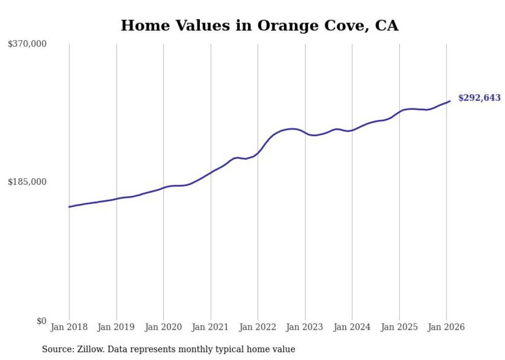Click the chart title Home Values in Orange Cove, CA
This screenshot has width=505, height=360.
pos(259,26)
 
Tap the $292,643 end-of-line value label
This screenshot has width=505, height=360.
pos(479,98)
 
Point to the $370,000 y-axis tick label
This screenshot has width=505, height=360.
pos(27,44)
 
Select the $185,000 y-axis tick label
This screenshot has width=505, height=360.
pos(27,182)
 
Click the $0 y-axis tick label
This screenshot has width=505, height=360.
pos(41,321)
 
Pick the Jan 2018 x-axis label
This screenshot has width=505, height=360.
pos(69,327)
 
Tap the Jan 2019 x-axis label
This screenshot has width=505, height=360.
pos(116,327)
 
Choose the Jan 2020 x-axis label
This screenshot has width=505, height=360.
pos(163,327)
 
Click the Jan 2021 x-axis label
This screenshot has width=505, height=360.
pos(211,327)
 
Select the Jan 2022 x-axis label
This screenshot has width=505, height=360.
pos(258,327)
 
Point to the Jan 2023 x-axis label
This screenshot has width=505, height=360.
pos(305,327)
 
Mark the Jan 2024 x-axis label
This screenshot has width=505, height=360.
pos(352,327)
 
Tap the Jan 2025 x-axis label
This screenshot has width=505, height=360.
pos(399,327)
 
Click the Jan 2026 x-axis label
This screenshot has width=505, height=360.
pos(446,327)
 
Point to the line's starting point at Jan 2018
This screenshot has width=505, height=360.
pos(69,207)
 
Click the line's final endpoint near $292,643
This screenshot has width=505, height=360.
pos(450,101)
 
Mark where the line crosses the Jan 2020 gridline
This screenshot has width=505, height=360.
pos(163,187)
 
